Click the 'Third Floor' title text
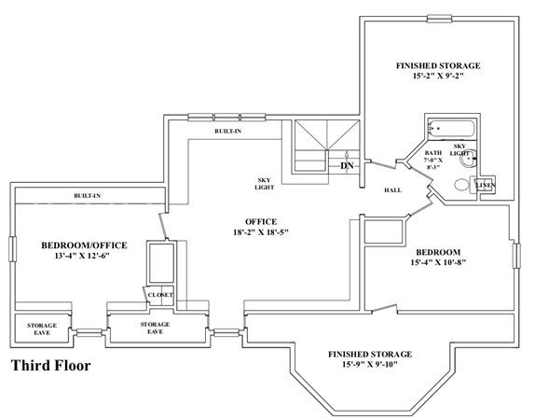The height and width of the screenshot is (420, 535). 51,365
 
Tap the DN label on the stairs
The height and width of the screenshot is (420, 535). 347,166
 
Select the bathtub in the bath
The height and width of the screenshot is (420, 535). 451,129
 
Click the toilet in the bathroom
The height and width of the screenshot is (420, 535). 462,185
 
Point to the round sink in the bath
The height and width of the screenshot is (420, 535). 469,158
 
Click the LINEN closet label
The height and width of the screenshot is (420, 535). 486,185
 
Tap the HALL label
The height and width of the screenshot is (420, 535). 392,190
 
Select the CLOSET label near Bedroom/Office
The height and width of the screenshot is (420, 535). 160,295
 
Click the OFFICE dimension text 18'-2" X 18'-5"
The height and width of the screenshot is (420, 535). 261,232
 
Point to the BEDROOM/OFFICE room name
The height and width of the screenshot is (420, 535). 84,245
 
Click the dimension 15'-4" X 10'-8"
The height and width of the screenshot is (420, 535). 438,262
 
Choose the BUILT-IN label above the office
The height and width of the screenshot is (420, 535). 228,131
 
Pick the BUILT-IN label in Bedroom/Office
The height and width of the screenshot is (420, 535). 88,196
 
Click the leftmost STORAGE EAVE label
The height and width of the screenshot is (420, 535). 42,329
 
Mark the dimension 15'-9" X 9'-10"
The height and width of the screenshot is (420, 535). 370,364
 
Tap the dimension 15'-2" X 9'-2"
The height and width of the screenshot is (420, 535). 438,76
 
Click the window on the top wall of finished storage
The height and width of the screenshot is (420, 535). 440,19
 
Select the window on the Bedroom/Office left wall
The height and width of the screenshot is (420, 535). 12,249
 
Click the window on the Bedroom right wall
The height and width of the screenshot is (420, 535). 517,256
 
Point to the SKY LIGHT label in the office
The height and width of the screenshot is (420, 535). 264,184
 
